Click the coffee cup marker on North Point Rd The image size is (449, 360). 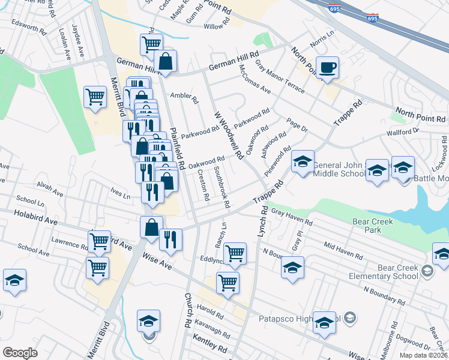[x=327, y=68]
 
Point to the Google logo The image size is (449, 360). [x=20, y=353]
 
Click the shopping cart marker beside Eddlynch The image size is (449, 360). [x=234, y=253]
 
